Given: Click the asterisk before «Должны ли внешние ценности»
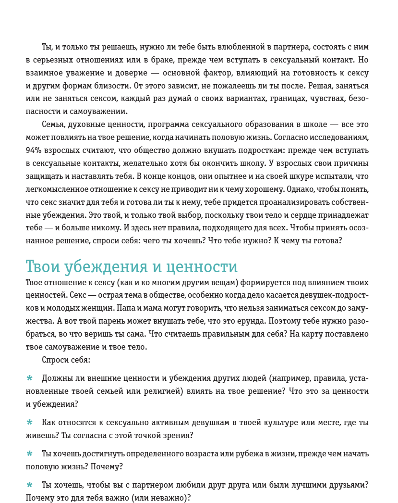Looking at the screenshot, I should tap(29, 378).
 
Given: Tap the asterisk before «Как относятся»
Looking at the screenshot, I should tap(29, 422).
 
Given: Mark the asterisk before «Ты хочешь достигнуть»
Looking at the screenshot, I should tap(29, 453).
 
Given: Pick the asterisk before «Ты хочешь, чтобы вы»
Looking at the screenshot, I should tap(29, 485).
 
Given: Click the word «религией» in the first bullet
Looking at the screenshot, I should tap(166, 390).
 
